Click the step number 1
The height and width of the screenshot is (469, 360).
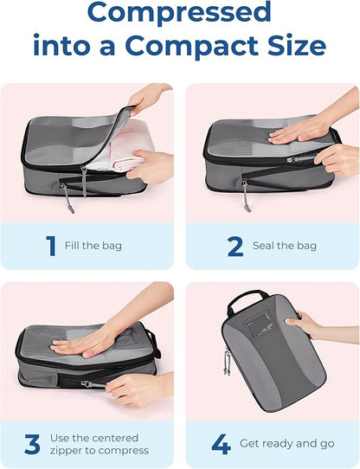[50, 245]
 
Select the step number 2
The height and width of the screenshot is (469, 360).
[235, 245]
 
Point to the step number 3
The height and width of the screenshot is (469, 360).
[33, 444]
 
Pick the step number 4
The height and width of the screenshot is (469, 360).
[221, 444]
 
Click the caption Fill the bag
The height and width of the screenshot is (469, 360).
[93, 246]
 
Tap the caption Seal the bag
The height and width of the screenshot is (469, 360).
[284, 246]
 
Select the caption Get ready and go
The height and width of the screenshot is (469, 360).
[288, 444]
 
